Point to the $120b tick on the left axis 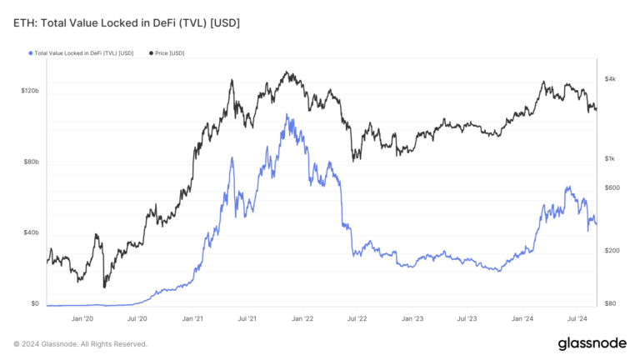(x=31, y=90)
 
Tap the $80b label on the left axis (x=32, y=161)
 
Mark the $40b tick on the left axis (x=32, y=232)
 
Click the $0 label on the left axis (x=35, y=304)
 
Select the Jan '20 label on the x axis (x=82, y=318)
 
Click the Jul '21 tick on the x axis (x=247, y=318)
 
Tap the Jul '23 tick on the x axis (x=467, y=318)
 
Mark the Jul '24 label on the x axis (x=577, y=318)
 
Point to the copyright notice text (x=81, y=343)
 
